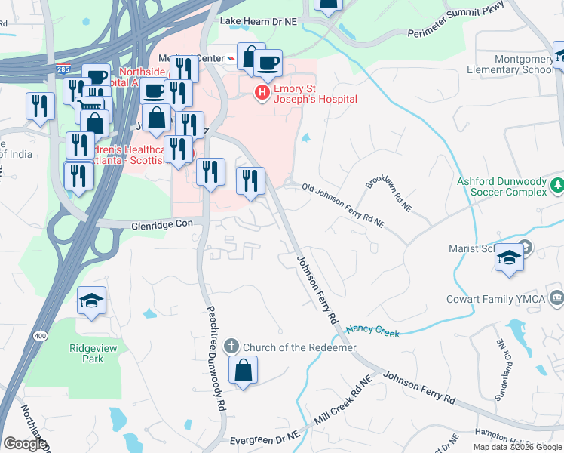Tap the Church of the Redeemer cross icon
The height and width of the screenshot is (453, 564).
point(231,347)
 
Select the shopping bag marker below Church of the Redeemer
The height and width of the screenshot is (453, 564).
point(243,371)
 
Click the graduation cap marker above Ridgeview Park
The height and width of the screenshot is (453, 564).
point(91,302)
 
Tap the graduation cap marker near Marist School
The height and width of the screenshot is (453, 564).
point(509,258)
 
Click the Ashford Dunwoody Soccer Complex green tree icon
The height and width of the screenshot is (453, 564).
point(556,184)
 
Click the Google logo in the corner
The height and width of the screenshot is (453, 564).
point(25,444)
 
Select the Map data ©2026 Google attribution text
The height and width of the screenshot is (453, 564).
point(517,447)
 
